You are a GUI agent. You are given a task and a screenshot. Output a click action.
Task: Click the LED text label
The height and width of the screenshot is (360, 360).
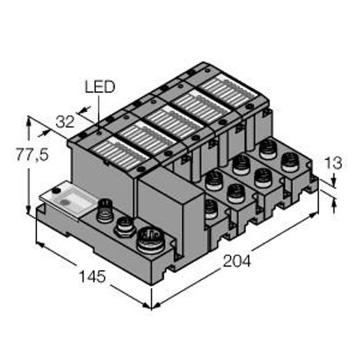click(x=99, y=87)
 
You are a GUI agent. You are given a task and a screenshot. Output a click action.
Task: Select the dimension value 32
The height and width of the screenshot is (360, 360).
click(x=64, y=122)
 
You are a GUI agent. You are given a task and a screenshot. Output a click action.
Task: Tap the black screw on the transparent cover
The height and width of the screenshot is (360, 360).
click(x=55, y=190)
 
